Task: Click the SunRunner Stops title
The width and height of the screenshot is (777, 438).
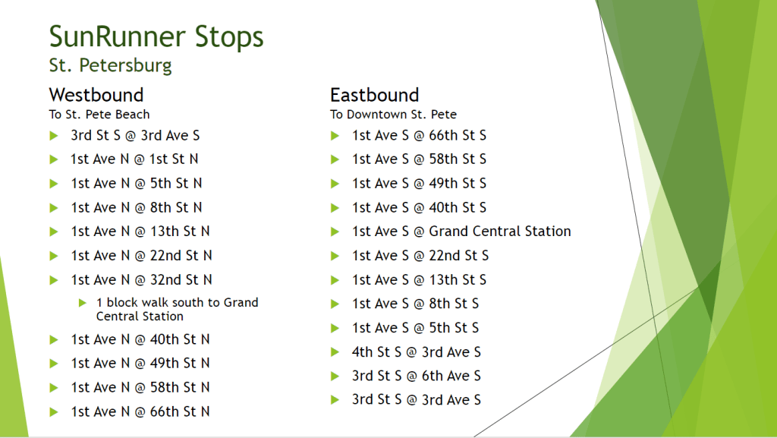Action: coord(156,37)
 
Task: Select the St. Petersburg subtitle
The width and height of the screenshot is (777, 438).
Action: coord(111,65)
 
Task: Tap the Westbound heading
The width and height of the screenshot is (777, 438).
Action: coord(96,95)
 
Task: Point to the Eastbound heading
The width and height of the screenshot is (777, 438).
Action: coord(375,95)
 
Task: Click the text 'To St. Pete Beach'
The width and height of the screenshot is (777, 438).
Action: coord(99,115)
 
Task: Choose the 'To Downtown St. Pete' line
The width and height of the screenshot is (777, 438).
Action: coord(394,115)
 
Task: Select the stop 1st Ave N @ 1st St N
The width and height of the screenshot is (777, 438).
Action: coord(134,159)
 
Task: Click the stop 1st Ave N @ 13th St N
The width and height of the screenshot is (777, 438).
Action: coord(140,232)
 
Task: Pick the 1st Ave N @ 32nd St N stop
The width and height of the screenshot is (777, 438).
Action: coord(141,280)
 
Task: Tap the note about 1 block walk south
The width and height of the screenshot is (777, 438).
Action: coord(177,309)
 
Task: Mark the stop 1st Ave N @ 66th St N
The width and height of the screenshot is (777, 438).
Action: coord(140,411)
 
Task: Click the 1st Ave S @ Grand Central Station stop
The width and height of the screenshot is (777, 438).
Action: coord(461,232)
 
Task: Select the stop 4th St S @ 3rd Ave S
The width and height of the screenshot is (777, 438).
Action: coord(417,352)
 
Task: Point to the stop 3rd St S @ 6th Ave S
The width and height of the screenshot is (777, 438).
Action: coord(417,376)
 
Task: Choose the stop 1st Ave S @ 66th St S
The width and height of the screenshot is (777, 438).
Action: coord(419,135)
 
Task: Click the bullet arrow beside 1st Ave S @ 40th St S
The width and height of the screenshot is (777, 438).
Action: coord(335,208)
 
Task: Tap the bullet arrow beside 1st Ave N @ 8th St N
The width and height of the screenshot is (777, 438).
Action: coord(54,208)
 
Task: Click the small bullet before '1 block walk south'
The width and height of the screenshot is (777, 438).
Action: coord(83,303)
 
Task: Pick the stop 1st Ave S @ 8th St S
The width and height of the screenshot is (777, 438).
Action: coord(415,304)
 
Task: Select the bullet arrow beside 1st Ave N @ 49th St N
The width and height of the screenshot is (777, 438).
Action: coord(54,364)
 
